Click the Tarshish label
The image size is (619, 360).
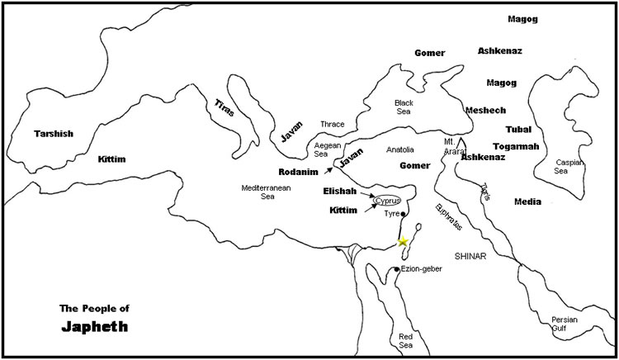[x=54, y=133]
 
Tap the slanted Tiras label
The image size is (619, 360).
[x=225, y=107]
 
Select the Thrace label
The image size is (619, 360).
[x=332, y=124]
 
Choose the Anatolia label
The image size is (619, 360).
[x=400, y=149]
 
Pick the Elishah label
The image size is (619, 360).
[x=339, y=191]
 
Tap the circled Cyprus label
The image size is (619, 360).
[x=386, y=201]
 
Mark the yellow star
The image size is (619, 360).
[x=403, y=241]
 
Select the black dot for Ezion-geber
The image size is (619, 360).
[x=396, y=269]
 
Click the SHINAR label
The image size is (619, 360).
[x=470, y=257]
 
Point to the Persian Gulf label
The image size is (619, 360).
[x=565, y=324]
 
